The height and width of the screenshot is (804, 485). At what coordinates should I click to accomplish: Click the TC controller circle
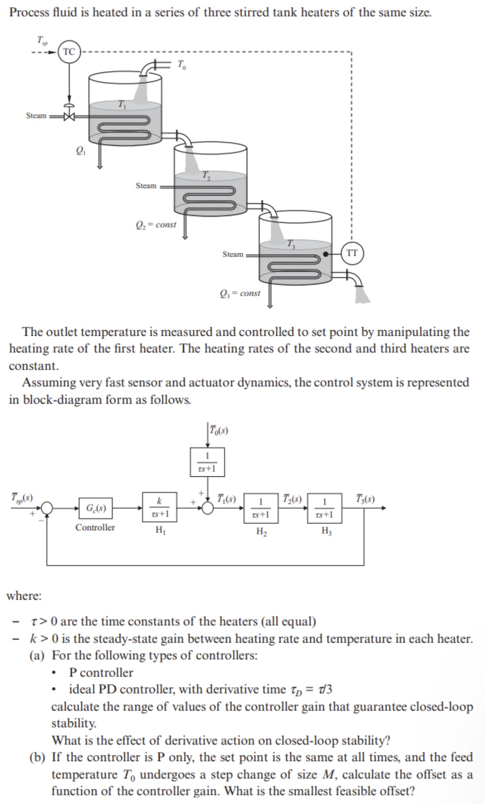click(69, 52)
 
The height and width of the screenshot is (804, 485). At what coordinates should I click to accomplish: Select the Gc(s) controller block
click(96, 509)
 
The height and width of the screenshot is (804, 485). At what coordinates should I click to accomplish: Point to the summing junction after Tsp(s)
click(47, 508)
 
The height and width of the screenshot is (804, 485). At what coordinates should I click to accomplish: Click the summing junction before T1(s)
click(208, 508)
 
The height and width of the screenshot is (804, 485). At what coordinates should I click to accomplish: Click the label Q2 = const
click(156, 224)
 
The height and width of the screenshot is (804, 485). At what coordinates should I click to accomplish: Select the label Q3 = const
click(240, 293)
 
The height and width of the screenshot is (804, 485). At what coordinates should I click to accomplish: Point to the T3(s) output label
click(365, 499)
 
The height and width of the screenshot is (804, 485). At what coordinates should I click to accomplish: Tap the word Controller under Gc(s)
click(95, 527)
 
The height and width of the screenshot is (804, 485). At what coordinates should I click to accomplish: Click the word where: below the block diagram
click(24, 596)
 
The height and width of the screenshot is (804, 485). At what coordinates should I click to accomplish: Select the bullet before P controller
click(53, 672)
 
